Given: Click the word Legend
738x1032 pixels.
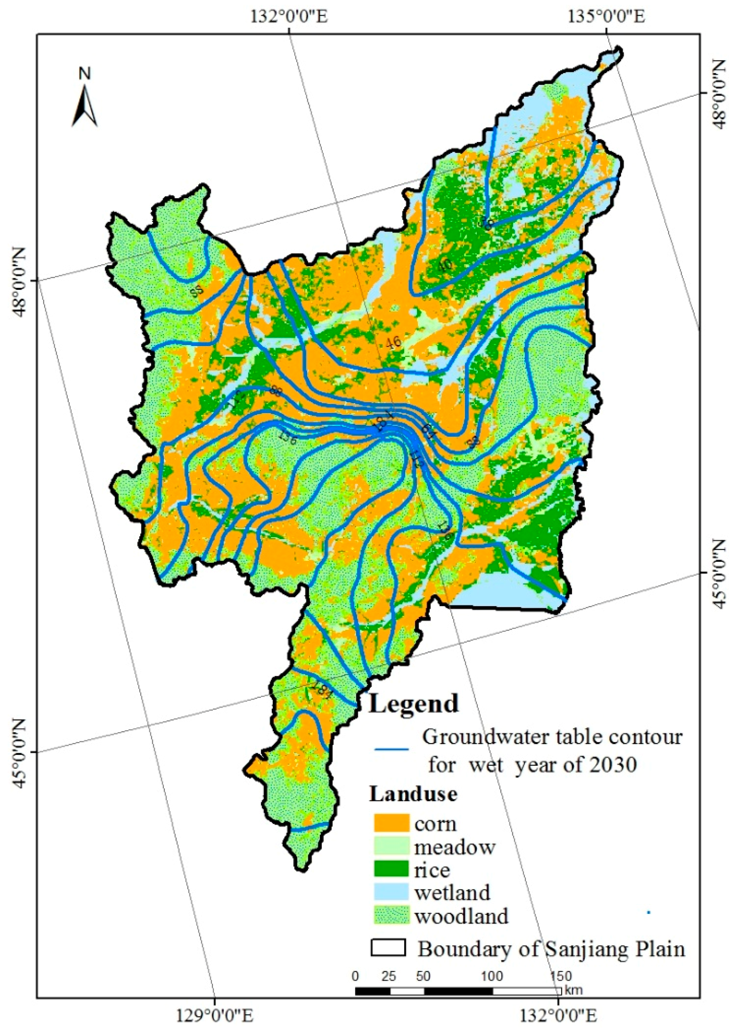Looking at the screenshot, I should click(x=414, y=704).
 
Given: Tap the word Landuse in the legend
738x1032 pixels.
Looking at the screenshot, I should click(x=413, y=794).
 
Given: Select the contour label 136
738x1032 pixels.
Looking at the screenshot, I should click(x=287, y=437).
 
